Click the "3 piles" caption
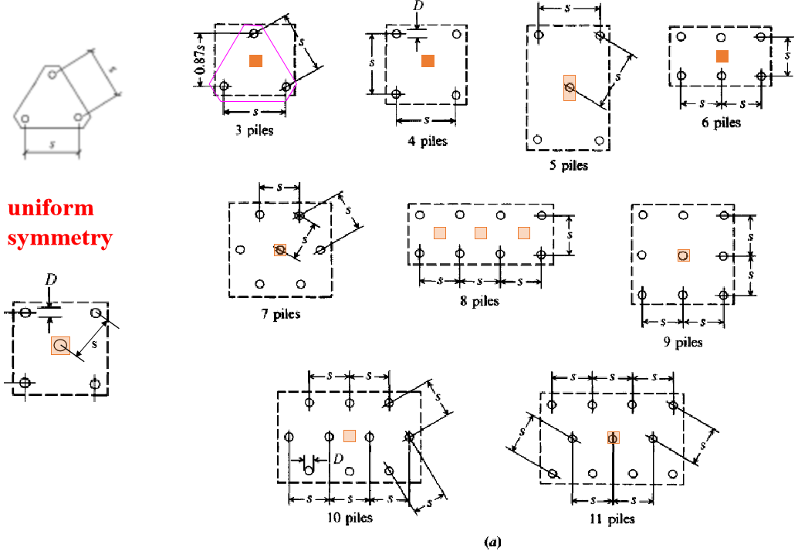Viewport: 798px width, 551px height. click(255, 130)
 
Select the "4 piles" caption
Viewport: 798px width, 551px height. click(428, 141)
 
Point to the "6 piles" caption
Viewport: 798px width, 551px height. click(721, 123)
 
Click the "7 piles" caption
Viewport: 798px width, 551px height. click(280, 314)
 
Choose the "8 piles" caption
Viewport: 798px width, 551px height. click(479, 301)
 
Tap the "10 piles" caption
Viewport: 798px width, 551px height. click(349, 517)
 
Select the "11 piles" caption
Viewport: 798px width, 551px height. click(611, 519)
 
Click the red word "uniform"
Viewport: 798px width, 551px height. click(51, 208)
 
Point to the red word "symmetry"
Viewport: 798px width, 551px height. click(60, 238)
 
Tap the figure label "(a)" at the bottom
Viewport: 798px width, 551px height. click(492, 542)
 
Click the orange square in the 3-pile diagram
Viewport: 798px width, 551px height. click(256, 61)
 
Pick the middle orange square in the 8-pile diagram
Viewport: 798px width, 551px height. click(480, 232)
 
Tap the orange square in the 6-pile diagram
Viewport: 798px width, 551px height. click(722, 56)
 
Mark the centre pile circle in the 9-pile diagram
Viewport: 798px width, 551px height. click(683, 255)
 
